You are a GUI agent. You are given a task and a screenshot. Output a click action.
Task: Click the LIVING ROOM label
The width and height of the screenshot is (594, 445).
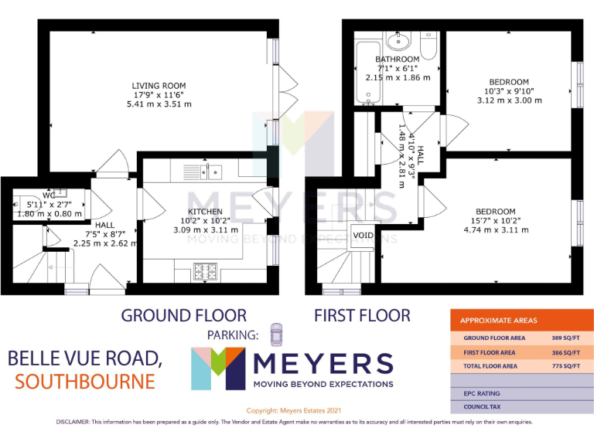[x=159, y=86]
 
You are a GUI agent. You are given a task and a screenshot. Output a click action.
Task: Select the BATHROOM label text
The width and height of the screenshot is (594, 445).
[x=398, y=59]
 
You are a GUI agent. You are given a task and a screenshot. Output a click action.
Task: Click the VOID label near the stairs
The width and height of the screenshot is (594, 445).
[x=363, y=235]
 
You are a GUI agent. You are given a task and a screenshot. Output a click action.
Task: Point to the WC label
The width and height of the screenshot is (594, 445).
[x=49, y=195]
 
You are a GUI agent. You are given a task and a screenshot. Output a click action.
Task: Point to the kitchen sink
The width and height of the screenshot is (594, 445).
[x=203, y=172]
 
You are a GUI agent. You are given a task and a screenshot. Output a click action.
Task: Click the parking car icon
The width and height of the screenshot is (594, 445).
[x=277, y=335]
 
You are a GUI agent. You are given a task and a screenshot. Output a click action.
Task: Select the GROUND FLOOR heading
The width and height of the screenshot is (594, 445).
[x=184, y=315]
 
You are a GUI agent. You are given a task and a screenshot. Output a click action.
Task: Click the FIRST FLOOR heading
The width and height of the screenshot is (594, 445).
[x=362, y=315]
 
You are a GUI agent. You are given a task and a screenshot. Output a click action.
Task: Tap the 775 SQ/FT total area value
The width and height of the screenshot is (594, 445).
[x=568, y=366]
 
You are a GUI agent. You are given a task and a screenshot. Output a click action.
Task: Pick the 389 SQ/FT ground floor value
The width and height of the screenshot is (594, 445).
[x=568, y=338]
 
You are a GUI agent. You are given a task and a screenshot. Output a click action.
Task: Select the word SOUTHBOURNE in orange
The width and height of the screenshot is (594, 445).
[x=84, y=382]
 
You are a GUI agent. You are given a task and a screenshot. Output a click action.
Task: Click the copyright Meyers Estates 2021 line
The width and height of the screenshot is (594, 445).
[x=293, y=410]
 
